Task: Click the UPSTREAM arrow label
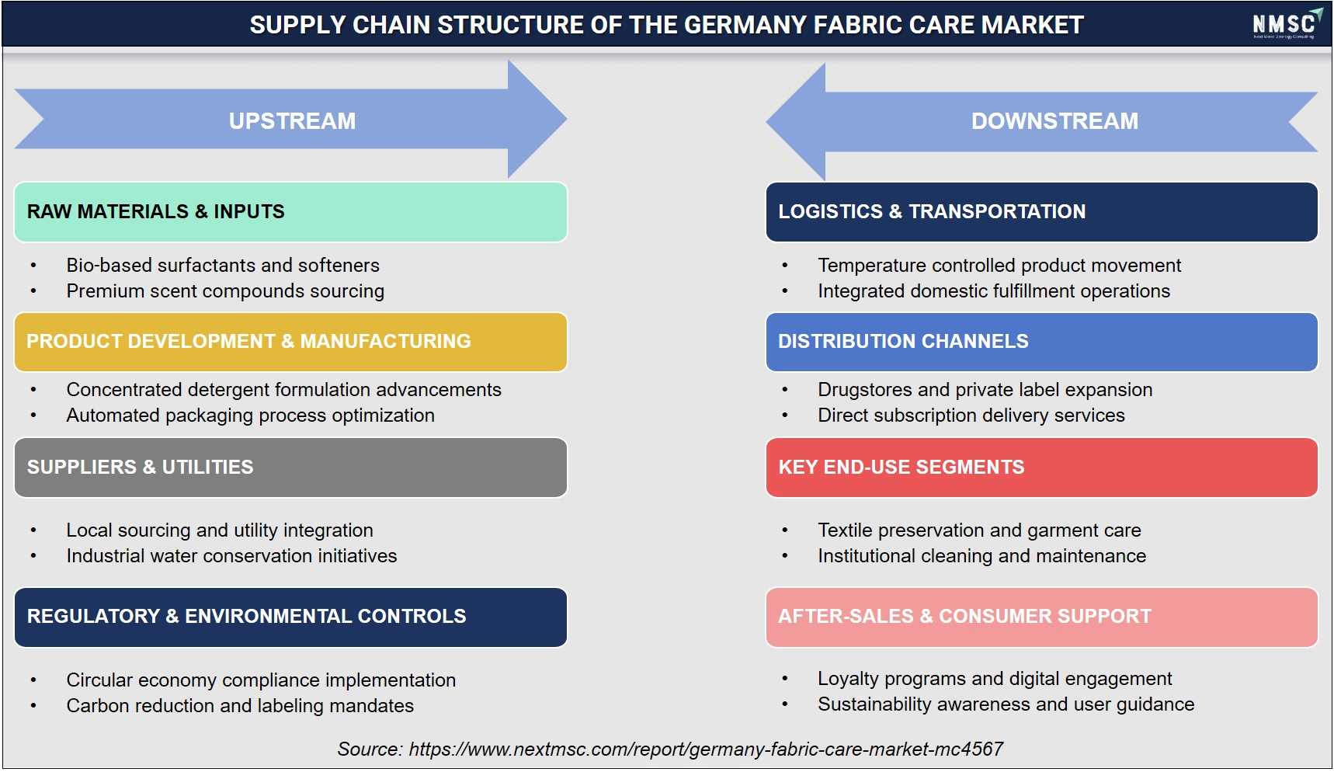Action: [292, 121]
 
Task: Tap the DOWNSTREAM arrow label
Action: [1054, 121]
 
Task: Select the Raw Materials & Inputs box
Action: [290, 212]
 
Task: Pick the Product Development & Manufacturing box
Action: [290, 342]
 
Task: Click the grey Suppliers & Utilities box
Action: [290, 468]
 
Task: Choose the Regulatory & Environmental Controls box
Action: [290, 617]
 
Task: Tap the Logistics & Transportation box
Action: [1041, 212]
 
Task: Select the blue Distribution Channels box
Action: [1041, 342]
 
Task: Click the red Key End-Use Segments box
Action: [1041, 468]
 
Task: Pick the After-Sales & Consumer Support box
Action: [1041, 617]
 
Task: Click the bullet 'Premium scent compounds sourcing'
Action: [225, 291]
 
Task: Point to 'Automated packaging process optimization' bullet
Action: [250, 416]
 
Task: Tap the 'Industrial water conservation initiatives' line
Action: [231, 556]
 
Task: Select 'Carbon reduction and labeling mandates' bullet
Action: [240, 706]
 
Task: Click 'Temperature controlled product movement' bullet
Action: [999, 266]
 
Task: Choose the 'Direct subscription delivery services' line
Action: [971, 416]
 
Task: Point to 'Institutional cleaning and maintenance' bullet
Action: [982, 556]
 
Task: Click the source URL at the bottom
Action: [706, 749]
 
